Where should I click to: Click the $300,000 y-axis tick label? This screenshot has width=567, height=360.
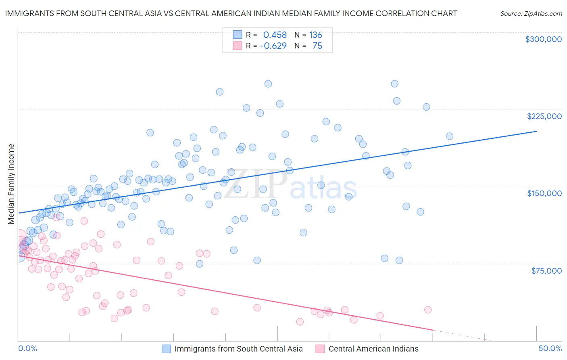(x=543, y=39)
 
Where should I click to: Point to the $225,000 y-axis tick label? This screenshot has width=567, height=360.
(x=544, y=116)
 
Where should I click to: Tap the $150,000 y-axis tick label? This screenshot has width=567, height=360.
(x=544, y=193)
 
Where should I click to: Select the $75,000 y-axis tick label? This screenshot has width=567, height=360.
(x=546, y=271)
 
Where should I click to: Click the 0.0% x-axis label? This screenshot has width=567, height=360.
(x=27, y=349)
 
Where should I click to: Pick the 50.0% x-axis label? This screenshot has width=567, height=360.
(x=550, y=349)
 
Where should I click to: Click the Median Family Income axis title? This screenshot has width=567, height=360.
(x=11, y=184)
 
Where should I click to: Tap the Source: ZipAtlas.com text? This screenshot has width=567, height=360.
(x=531, y=14)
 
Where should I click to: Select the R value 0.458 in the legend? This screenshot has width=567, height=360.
(x=275, y=35)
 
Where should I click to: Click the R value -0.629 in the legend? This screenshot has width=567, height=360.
(x=273, y=46)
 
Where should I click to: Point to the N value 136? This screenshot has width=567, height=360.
(x=315, y=35)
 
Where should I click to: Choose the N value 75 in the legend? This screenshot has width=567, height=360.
(x=317, y=46)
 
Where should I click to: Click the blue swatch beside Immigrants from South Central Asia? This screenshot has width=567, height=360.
(x=167, y=349)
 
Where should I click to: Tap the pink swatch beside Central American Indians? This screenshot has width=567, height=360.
(x=320, y=349)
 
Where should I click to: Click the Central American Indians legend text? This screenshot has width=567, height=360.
(x=373, y=349)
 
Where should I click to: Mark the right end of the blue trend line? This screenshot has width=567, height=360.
(x=536, y=131)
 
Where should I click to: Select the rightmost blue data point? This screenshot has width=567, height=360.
(x=449, y=136)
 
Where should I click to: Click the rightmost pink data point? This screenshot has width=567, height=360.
(x=427, y=310)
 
